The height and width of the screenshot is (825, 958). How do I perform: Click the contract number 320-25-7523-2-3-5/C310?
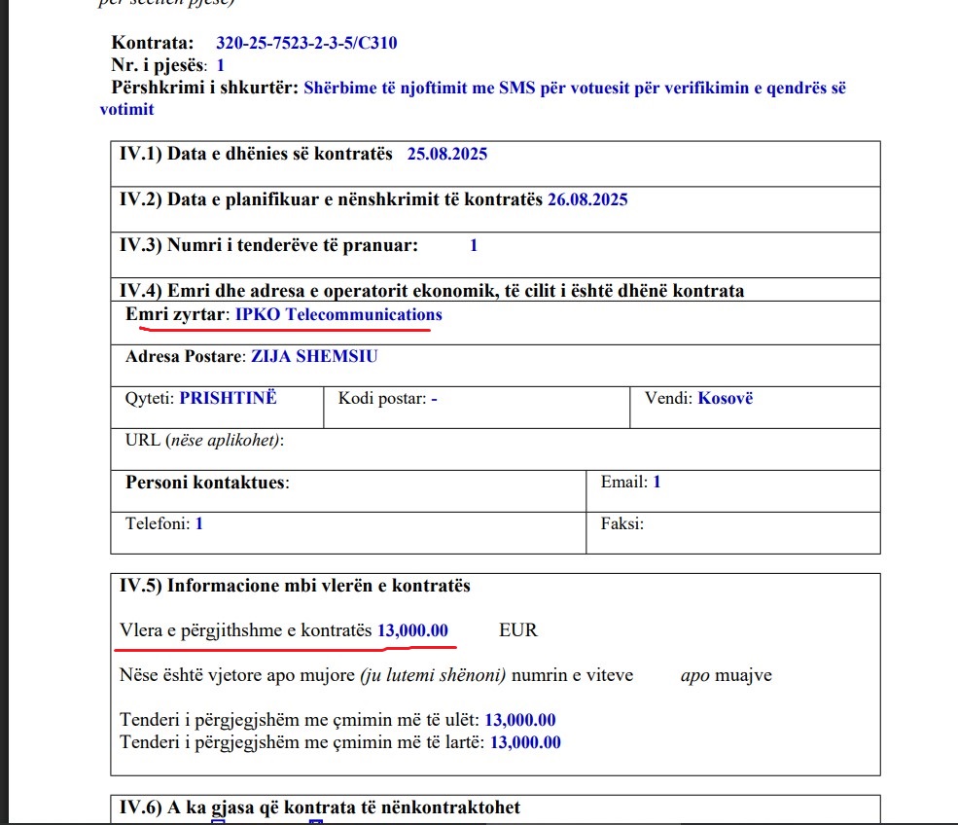306,44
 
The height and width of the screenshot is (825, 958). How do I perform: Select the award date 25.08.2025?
447,154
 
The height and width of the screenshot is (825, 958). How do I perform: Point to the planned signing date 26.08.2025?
587,199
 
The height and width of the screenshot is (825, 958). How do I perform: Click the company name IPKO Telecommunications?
338,314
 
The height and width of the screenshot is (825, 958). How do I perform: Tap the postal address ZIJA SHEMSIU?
314,356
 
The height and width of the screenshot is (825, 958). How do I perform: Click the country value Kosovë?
726,398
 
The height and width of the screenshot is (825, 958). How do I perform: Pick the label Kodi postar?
382,398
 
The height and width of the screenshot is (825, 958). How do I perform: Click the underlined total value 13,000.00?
413,630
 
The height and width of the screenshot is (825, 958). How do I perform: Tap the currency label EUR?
518,630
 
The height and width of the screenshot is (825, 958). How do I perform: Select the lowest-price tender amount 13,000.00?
519,721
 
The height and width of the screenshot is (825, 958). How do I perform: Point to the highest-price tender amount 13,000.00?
525,742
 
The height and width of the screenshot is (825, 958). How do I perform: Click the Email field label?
624,482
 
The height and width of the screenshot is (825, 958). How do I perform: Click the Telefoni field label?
159,523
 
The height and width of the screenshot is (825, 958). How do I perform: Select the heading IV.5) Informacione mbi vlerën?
295,586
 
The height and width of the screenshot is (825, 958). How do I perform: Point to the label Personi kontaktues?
207,482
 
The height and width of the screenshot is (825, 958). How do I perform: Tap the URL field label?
144,440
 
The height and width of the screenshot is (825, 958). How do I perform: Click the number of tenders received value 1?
474,245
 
